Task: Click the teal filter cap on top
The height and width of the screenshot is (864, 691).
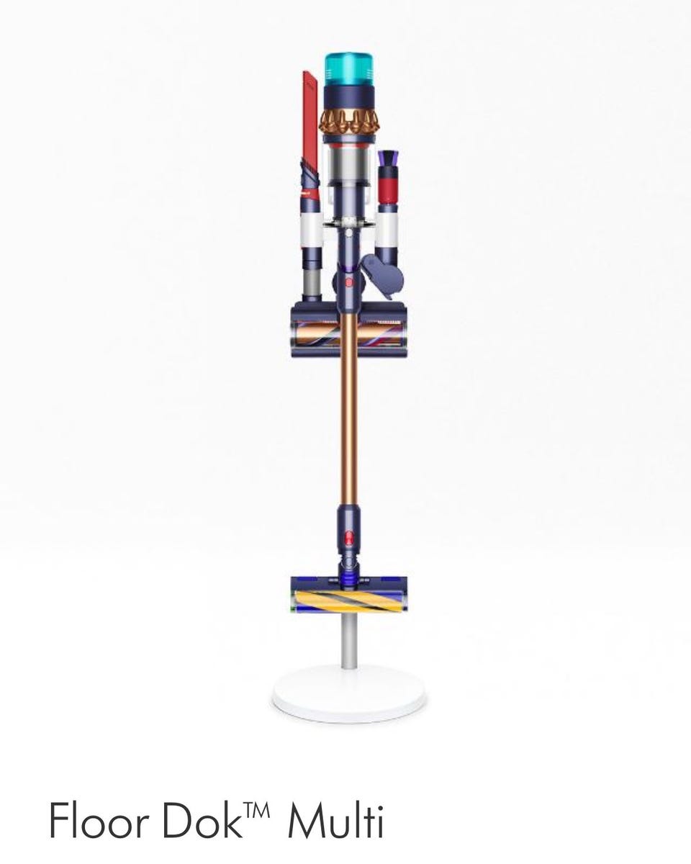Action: [348, 69]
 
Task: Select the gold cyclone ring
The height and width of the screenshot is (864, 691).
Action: [348, 122]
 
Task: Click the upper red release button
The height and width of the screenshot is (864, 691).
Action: [349, 283]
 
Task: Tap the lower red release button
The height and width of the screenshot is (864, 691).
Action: [348, 537]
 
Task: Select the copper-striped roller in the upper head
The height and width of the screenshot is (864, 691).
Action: [348, 336]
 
